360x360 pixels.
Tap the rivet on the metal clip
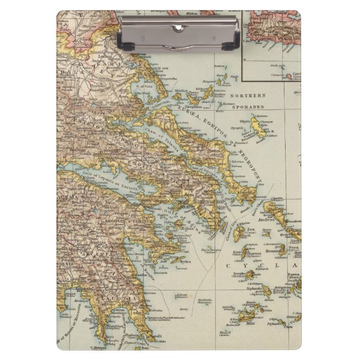point(178,27)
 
